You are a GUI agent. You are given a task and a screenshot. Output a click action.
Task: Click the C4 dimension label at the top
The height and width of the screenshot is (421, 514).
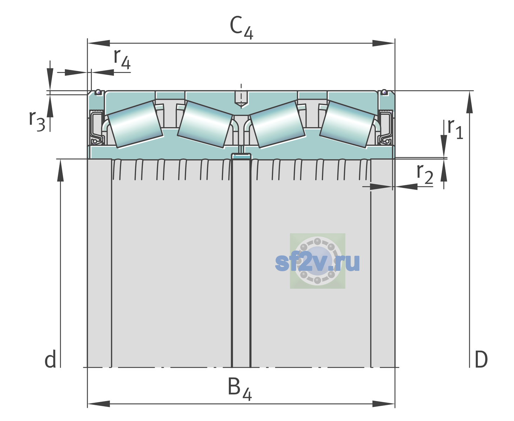point(241,27)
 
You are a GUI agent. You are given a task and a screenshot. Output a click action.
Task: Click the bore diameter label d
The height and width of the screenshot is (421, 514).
point(50,359)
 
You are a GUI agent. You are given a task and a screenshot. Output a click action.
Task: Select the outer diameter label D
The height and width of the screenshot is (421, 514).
point(481,359)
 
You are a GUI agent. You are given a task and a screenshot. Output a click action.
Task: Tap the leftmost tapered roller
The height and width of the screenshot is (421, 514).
point(135,125)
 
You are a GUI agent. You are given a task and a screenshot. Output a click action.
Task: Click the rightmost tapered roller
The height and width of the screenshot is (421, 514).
point(347,125)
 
